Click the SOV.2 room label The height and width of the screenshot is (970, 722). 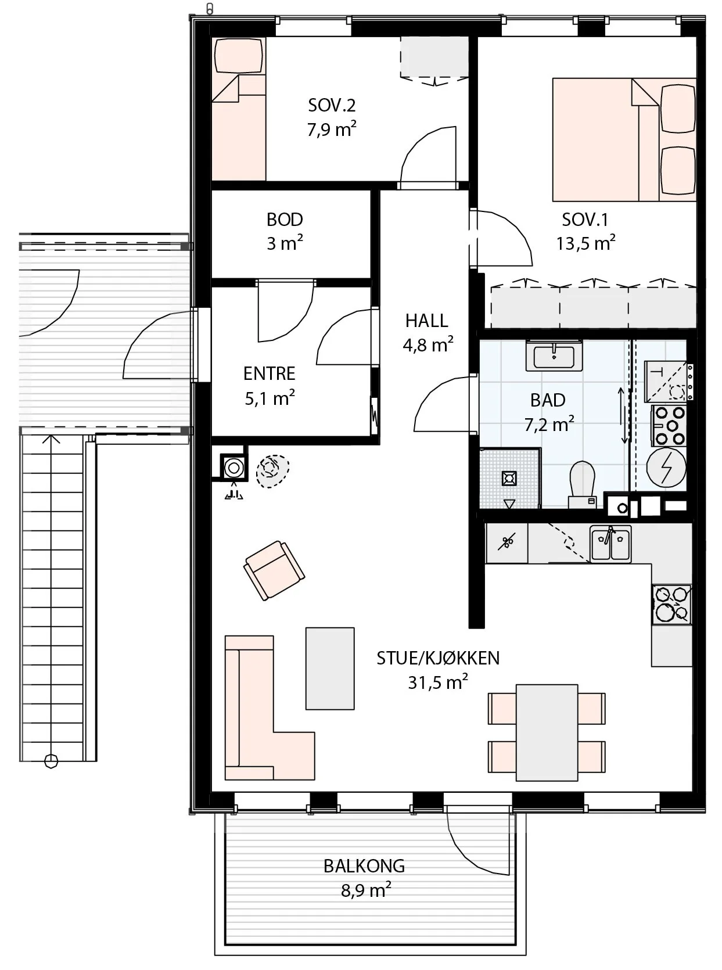[x=332, y=105]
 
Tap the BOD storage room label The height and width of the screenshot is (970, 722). [x=285, y=220]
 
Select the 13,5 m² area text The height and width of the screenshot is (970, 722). [x=585, y=243]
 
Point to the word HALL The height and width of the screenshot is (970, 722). [x=427, y=321]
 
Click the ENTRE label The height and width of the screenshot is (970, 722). [x=270, y=374]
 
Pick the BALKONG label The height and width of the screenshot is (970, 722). [x=364, y=867]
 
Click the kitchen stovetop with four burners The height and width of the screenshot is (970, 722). [x=671, y=605]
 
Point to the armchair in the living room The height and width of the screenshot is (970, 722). [x=274, y=570]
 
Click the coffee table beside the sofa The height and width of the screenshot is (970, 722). [x=330, y=669]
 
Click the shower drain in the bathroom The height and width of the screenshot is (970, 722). [x=509, y=479]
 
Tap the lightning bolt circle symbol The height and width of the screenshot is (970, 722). [x=666, y=468]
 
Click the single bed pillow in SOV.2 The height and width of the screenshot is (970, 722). [x=239, y=56]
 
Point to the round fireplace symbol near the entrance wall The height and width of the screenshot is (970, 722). [x=234, y=468]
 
